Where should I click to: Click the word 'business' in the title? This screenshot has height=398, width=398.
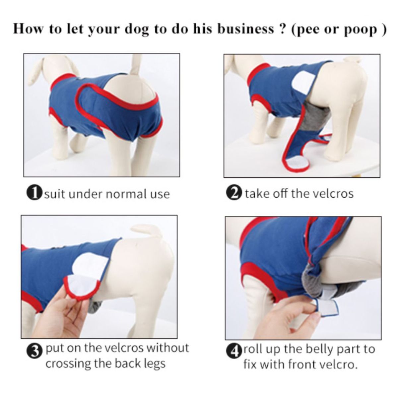click(x=244, y=29)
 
